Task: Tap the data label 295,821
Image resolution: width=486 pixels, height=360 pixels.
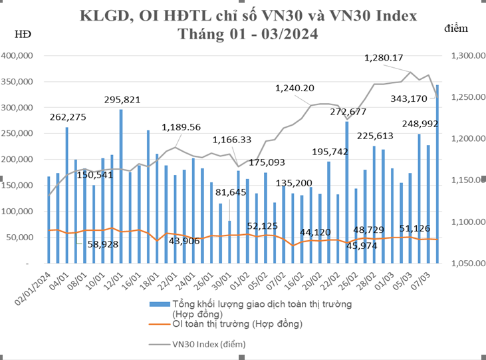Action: [122, 100]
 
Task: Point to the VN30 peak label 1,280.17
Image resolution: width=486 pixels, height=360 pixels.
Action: [394, 58]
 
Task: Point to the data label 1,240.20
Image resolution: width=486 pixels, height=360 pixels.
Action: [295, 88]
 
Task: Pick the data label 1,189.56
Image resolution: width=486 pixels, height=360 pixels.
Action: [182, 126]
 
